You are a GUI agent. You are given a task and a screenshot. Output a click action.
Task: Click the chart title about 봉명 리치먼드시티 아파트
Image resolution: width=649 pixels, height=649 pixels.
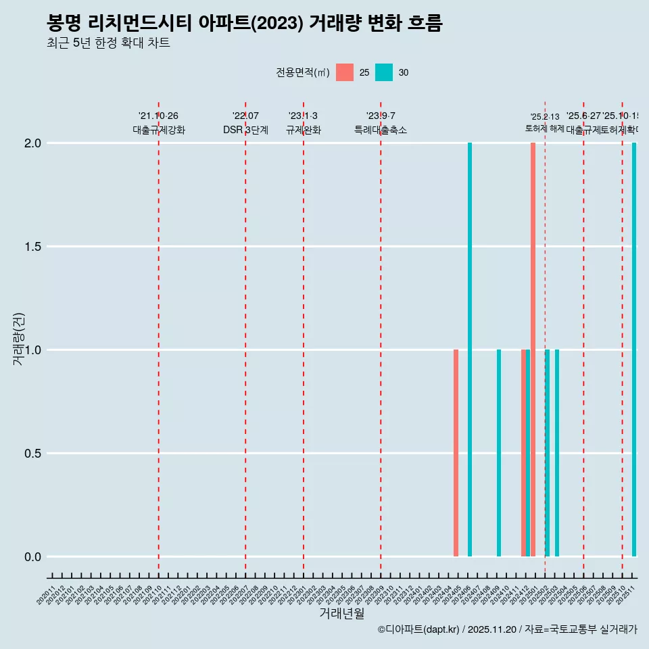coord(244,24)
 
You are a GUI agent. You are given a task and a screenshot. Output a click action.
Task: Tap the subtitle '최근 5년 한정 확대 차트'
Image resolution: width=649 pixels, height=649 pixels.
coord(108,43)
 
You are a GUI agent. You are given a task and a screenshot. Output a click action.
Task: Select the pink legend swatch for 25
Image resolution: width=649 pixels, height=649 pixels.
coord(345,72)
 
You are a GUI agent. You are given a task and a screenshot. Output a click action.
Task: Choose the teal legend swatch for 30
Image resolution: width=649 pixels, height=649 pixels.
coord(384,72)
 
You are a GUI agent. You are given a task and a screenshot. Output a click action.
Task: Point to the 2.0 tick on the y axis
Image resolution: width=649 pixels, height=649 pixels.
coord(33,143)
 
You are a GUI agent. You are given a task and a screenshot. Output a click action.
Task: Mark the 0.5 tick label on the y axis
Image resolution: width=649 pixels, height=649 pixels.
coord(33,454)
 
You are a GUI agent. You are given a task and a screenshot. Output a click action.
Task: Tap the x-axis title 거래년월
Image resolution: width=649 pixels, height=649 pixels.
coord(341,613)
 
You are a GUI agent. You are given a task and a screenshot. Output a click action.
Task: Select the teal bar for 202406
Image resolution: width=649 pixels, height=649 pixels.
coord(470,350)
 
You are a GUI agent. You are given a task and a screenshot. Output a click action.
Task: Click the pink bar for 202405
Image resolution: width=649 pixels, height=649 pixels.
coord(456,453)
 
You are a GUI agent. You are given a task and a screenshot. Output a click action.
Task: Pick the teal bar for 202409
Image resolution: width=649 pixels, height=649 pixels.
coord(499,453)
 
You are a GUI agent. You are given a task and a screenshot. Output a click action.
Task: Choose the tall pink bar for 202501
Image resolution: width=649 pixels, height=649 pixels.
coord(533,350)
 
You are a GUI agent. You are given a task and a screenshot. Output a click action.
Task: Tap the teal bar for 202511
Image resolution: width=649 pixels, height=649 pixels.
coord(634,350)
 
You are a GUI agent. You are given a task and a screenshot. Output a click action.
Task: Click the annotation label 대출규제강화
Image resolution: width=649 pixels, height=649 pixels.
coord(159,130)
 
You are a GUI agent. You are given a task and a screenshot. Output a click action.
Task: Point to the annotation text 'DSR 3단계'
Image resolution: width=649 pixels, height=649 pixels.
coord(245,130)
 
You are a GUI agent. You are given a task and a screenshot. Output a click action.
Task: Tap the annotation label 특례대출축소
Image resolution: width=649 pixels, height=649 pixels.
coord(381,130)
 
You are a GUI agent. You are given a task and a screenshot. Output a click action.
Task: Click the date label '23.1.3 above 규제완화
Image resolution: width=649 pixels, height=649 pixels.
coord(303,116)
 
